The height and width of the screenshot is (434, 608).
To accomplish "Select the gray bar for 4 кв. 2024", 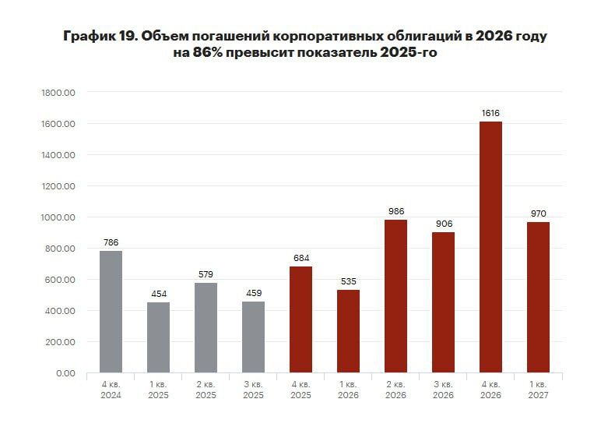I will (111, 312).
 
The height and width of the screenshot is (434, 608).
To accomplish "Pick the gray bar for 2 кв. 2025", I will (206, 328).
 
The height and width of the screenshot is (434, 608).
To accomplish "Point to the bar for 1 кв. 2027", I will (538, 297).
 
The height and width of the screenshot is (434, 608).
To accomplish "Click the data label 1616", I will (490, 113).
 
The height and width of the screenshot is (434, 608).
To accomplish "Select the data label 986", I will (395, 211).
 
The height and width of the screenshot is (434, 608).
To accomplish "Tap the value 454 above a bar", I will (158, 294).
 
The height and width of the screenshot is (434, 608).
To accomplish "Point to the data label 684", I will (300, 258).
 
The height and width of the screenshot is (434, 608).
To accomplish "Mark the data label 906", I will (443, 224).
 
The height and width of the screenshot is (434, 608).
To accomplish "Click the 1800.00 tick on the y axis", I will (58, 93).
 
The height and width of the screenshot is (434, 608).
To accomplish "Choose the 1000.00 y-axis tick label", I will (58, 217).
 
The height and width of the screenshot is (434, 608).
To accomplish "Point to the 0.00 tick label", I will (64, 373).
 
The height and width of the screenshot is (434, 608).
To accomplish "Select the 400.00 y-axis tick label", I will (61, 311).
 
